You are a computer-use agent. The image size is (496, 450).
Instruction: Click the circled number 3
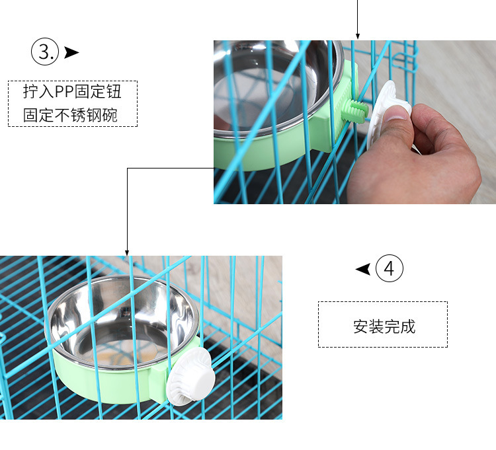(45, 52)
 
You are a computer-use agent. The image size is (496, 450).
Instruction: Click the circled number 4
(390, 268)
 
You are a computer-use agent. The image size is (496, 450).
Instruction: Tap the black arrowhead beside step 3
(71, 52)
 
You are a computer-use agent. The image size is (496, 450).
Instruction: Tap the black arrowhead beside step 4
(363, 269)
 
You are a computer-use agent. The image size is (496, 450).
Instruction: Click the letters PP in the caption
(64, 91)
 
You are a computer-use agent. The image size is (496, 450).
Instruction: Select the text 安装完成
(384, 326)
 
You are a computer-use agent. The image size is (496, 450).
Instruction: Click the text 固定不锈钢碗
(70, 115)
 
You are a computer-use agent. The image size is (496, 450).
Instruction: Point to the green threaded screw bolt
(358, 110)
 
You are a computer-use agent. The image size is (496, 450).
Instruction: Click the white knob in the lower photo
(190, 377)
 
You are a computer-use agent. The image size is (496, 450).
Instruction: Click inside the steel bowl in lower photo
(122, 322)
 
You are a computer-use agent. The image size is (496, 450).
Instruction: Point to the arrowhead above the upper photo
(357, 36)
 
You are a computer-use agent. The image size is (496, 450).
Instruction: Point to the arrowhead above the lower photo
(127, 252)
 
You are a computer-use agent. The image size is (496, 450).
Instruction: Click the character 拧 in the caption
(30, 91)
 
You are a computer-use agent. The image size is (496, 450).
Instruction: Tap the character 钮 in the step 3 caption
(114, 91)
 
